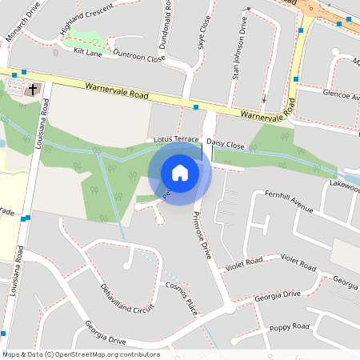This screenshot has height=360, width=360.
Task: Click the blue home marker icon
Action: [180, 172]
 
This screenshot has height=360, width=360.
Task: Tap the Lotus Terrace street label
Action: [175, 139]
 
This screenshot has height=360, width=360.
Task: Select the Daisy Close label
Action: [225, 144]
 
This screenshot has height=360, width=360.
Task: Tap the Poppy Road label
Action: [290, 327]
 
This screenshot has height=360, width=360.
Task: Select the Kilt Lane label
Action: [88, 51]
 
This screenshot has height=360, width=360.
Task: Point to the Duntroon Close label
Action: [138, 58]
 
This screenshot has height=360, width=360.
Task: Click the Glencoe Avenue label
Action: [340, 94]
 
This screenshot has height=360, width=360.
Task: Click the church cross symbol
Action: [33, 89]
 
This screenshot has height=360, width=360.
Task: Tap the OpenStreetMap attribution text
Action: [81, 354]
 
